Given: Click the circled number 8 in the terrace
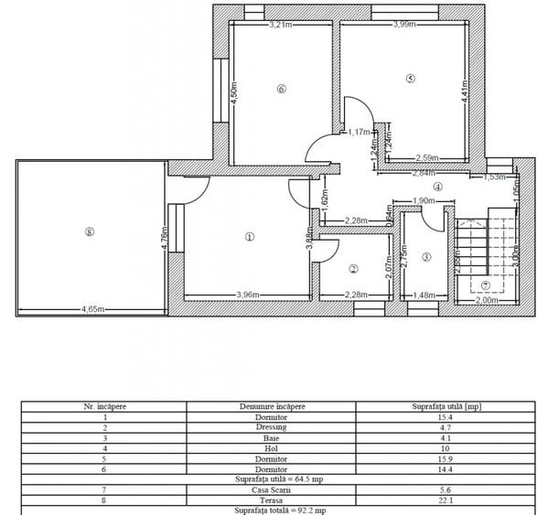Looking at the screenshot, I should click(88, 232).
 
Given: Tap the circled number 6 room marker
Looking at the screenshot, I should click(281, 89).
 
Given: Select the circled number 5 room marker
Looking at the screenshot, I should click(411, 80).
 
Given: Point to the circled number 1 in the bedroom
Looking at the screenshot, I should click(249, 236).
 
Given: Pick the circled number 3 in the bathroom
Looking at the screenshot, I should click(425, 257).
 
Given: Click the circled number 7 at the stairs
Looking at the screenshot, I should click(486, 284).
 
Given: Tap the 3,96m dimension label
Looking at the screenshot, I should click(250, 295).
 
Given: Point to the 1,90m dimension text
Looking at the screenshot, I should click(423, 201).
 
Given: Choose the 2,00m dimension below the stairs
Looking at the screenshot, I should click(489, 299).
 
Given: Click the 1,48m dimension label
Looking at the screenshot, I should click(424, 295).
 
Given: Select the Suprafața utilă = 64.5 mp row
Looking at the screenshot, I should click(269, 478).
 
